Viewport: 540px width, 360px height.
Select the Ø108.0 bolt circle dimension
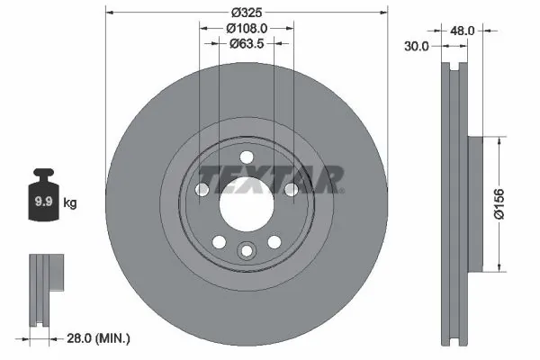(x=246, y=28)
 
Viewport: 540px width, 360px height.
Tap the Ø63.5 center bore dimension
(x=246, y=42)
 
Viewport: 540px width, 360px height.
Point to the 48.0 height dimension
(x=462, y=30)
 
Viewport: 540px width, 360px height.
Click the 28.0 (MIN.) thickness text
(x=99, y=338)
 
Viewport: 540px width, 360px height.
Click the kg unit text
(x=70, y=203)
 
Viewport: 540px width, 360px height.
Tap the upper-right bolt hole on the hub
(x=291, y=190)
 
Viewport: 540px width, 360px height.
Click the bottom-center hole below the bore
(x=246, y=252)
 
